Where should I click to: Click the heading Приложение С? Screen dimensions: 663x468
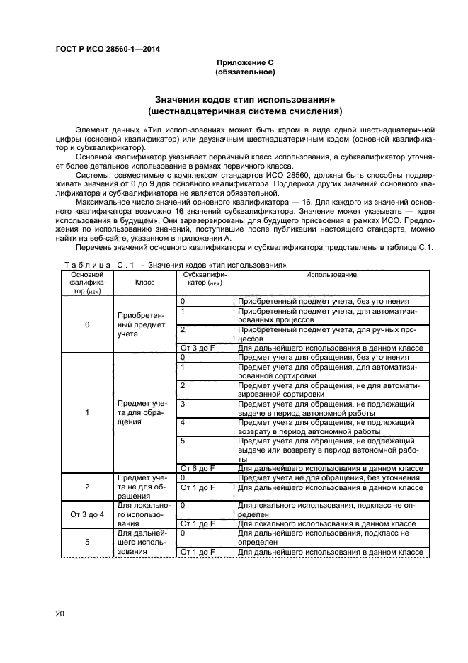tap(244, 62)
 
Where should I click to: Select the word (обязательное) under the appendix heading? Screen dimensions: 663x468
tap(244, 72)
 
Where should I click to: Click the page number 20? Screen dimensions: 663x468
tap(60, 613)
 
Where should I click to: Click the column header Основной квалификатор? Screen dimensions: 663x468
tap(87, 282)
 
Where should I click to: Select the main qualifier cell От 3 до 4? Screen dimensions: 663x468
tap(87, 514)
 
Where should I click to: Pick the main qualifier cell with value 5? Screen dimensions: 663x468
tap(87, 542)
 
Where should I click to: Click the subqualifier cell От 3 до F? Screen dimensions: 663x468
tap(198, 348)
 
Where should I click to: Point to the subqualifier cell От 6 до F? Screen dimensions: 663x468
tap(198, 468)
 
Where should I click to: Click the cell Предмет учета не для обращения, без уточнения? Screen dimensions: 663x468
tap(329, 477)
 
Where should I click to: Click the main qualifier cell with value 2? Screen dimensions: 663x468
tap(87, 487)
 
